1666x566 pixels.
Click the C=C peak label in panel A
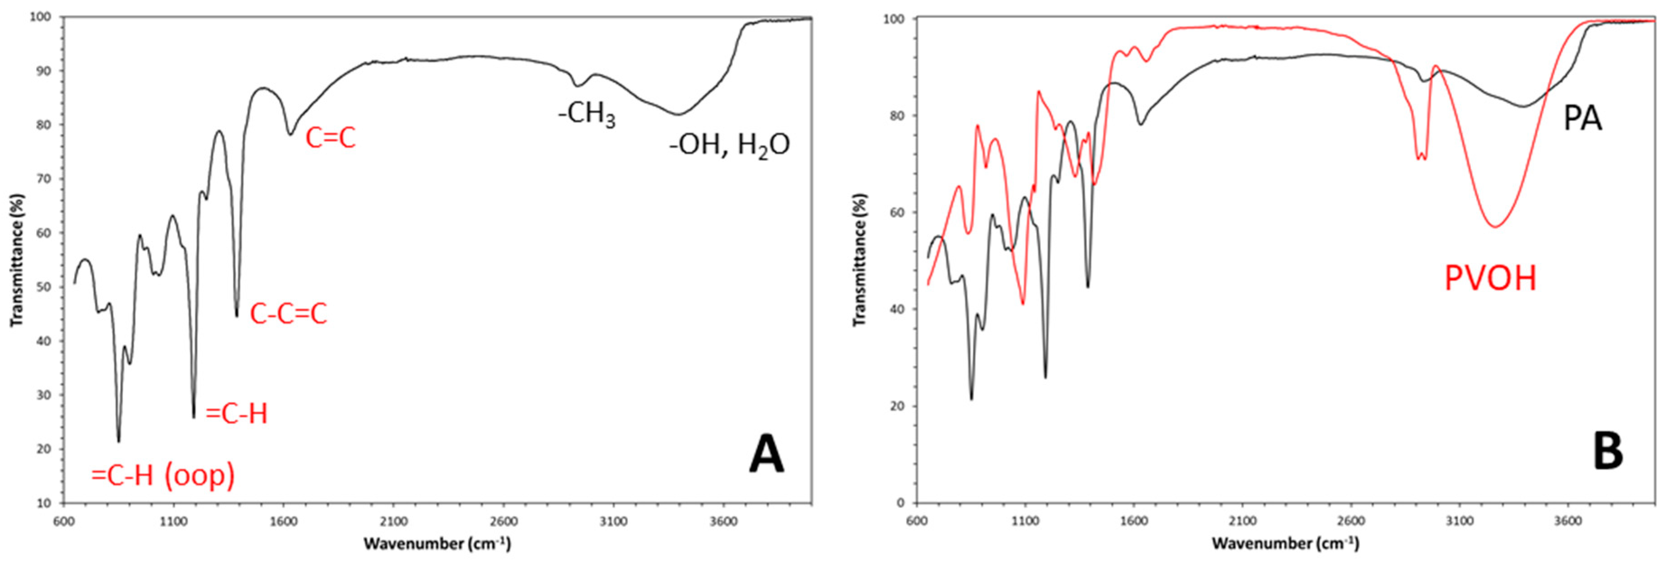tap(331, 138)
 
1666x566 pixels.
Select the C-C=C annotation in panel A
tap(289, 314)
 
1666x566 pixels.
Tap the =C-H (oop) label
tap(163, 476)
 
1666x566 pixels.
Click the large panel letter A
tap(766, 455)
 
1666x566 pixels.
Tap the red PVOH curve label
tap(1490, 279)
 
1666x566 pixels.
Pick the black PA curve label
tap(1582, 119)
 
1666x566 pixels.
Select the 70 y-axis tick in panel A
tap(44, 179)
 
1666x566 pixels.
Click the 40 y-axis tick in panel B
tap(895, 309)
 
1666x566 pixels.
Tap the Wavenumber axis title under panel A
tap(437, 543)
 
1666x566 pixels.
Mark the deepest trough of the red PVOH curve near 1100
tap(1022, 304)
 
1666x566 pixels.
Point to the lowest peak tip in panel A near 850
tap(118, 441)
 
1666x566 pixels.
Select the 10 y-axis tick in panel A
tap(44, 503)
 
